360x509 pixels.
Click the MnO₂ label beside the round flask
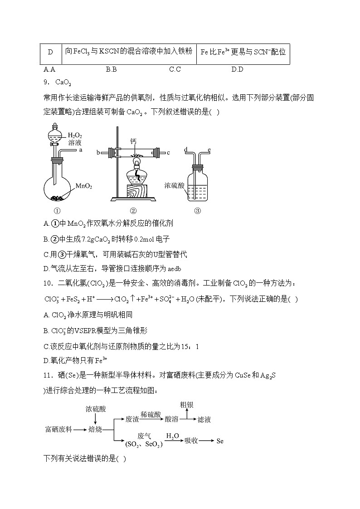click(84, 186)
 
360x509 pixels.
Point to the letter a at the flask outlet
click(81, 150)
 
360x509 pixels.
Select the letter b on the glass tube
click(98, 152)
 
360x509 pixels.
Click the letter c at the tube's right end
click(168, 152)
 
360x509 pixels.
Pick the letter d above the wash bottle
click(186, 149)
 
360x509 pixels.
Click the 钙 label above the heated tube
click(133, 141)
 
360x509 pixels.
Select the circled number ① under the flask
click(57, 210)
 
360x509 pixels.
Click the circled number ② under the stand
click(133, 210)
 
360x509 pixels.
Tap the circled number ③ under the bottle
click(197, 210)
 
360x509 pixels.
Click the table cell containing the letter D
click(50, 53)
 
